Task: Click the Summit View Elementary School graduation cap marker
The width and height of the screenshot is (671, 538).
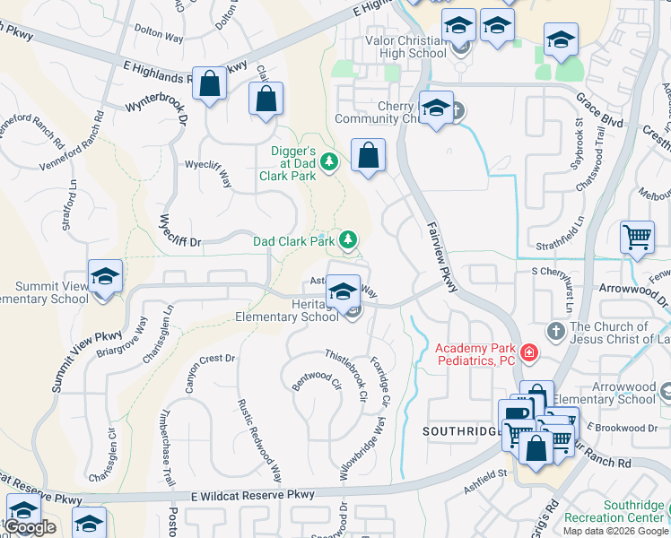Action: click(x=105, y=275)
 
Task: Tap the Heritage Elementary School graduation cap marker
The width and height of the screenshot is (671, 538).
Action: click(x=342, y=291)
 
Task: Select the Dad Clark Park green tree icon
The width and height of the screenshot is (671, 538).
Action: click(x=348, y=239)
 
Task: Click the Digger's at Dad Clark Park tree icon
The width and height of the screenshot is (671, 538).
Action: click(x=330, y=161)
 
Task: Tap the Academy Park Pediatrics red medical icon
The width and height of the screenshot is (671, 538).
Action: click(x=529, y=353)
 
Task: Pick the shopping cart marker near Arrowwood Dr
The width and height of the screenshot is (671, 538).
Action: click(x=637, y=238)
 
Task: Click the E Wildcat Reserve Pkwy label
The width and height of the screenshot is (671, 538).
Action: click(x=253, y=495)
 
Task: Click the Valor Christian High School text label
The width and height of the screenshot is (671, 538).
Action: click(x=405, y=47)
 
